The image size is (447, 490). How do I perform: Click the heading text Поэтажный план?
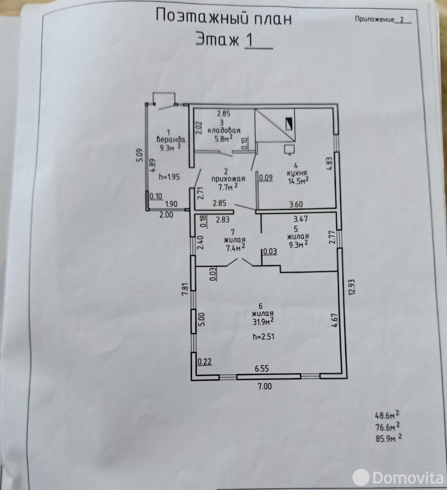(223, 17)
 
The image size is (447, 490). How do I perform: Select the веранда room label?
(171, 139)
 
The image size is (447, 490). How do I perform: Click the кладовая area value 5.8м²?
(224, 138)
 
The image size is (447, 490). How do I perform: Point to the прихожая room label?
(228, 179)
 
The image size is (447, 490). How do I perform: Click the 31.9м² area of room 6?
(263, 321)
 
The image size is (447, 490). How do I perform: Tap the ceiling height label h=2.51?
(263, 336)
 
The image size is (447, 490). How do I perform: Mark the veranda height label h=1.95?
(169, 177)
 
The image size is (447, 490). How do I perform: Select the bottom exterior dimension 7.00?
(265, 386)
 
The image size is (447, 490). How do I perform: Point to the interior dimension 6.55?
(261, 369)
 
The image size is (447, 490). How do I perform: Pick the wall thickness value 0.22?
(205, 362)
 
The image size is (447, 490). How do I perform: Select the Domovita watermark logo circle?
(361, 477)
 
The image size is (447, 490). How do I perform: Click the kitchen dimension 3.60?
(296, 204)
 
